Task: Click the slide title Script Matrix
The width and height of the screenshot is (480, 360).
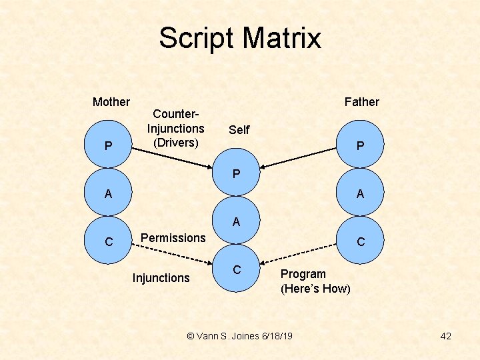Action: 239,39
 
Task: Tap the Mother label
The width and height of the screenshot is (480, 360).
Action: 111,102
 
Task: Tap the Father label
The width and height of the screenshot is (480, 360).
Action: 361,102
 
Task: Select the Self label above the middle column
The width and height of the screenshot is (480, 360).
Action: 239,130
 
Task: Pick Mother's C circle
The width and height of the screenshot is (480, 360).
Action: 108,241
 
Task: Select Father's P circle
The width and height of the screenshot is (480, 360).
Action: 361,145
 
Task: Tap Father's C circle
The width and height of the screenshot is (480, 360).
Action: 361,241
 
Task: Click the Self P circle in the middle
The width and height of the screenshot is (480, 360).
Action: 236,175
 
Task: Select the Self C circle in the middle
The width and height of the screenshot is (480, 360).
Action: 236,270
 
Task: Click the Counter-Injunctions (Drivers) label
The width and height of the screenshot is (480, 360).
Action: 175,128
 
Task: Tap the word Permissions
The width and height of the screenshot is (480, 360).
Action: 173,238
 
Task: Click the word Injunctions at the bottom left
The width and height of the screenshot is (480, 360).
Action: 161,278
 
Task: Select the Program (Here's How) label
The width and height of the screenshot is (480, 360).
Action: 315,281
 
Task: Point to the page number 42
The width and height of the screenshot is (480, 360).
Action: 445,336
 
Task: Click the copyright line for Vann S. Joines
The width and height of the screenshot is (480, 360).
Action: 239,336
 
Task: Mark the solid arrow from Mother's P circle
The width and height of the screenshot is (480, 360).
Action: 173,157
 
